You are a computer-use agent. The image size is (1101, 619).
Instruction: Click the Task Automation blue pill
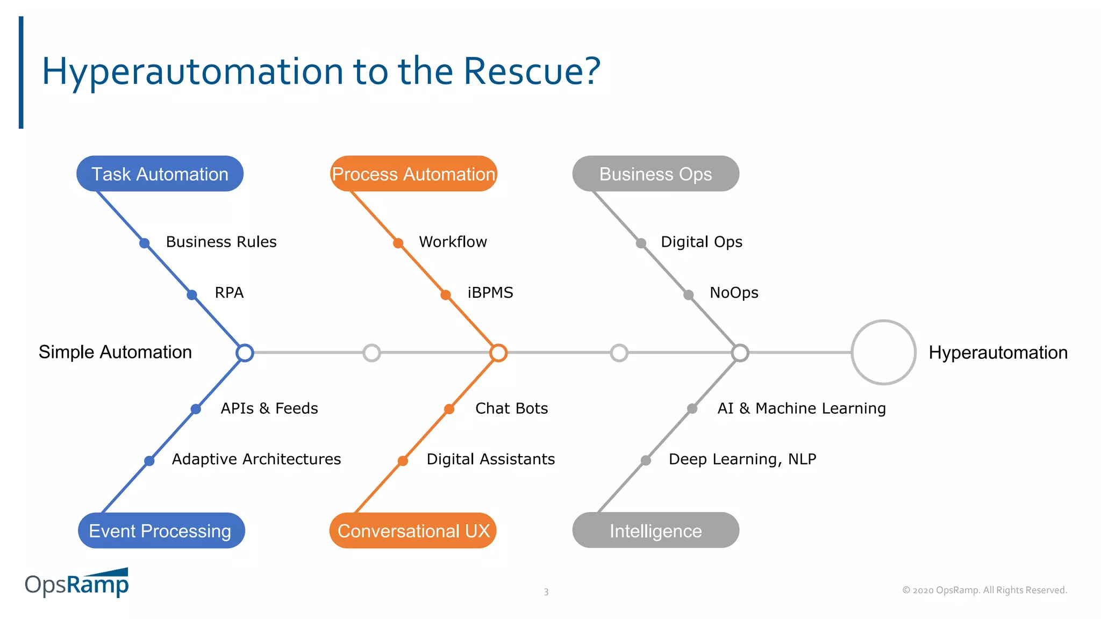pyautogui.click(x=160, y=174)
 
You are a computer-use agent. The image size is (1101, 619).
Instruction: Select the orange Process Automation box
pyautogui.click(x=413, y=174)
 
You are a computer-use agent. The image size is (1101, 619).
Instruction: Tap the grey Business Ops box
pyautogui.click(x=655, y=174)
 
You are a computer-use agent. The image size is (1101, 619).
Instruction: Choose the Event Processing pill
pyautogui.click(x=161, y=530)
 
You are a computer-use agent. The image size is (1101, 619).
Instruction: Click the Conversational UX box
pyautogui.click(x=413, y=530)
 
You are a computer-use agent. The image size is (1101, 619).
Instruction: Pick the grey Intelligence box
pyautogui.click(x=655, y=530)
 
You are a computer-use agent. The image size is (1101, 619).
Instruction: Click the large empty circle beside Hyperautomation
pyautogui.click(x=883, y=352)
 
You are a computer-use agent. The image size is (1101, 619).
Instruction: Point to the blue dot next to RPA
pyautogui.click(x=192, y=294)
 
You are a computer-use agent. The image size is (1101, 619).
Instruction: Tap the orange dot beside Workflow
pyautogui.click(x=398, y=243)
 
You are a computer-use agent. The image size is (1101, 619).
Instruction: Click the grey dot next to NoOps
pyautogui.click(x=688, y=294)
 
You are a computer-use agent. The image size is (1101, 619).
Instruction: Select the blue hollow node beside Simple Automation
pyautogui.click(x=245, y=352)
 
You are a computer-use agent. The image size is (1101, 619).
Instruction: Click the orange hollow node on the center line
pyautogui.click(x=498, y=352)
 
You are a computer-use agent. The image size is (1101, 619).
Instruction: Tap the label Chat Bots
pyautogui.click(x=511, y=408)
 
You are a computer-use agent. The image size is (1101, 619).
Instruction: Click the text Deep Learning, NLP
pyautogui.click(x=742, y=459)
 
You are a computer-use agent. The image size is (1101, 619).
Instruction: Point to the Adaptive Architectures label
pyautogui.click(x=256, y=459)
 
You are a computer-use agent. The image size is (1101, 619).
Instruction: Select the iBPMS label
pyautogui.click(x=490, y=293)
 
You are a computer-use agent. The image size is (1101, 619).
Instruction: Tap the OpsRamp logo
pyautogui.click(x=77, y=583)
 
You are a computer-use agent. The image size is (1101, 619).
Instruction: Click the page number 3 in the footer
pyautogui.click(x=546, y=592)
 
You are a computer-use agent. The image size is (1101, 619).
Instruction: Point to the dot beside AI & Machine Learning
pyautogui.click(x=692, y=409)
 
